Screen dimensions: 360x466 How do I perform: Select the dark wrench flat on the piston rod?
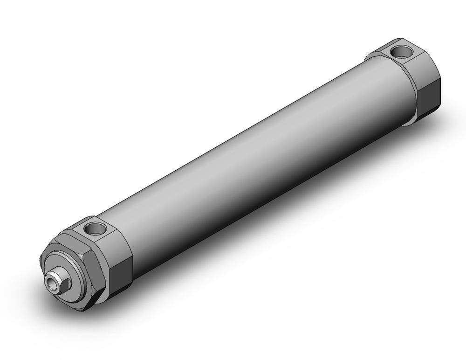click(65, 284)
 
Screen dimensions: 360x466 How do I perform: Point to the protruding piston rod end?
click(58, 281)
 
